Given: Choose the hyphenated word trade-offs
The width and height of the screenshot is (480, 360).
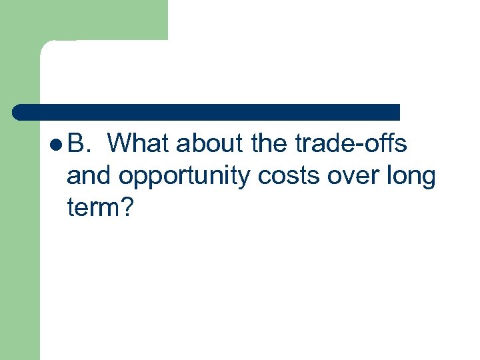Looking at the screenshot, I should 351,143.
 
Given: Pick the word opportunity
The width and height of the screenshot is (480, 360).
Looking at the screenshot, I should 179,177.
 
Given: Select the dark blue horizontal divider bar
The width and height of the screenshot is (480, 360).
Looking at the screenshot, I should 207,112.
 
